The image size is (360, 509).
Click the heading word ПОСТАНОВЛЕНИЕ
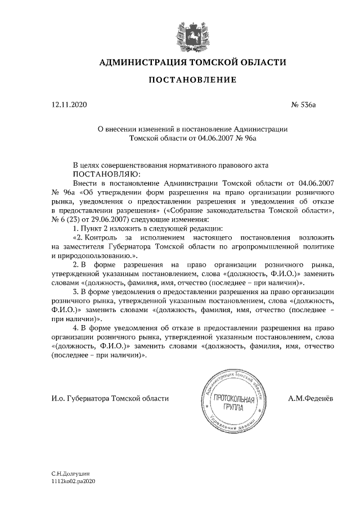click(192, 80)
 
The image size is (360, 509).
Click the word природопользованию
click(84, 255)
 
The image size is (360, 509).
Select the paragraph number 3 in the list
click(75, 291)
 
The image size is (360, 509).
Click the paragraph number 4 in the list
click(75, 327)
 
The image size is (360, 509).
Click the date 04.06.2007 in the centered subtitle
click(208, 137)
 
